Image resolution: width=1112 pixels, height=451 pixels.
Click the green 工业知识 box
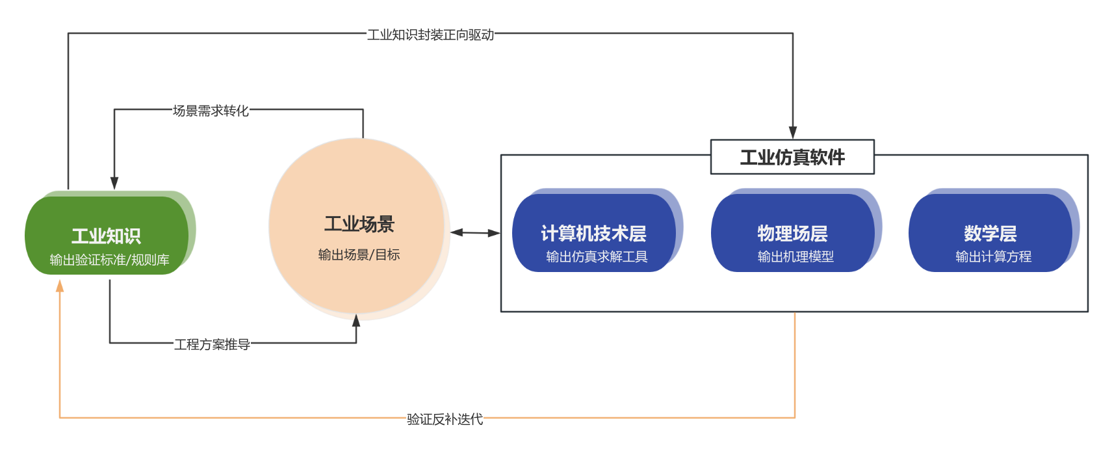pos(107,235)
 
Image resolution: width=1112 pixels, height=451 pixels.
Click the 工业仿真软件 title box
pos(792,157)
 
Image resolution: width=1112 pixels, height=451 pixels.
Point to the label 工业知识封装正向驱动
pos(430,34)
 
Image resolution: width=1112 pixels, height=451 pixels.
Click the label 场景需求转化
pos(211,111)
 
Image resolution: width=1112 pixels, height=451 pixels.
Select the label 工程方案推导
pos(212,344)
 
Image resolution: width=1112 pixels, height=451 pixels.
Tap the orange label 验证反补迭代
pos(445,419)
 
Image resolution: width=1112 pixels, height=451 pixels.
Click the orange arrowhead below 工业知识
pos(60,286)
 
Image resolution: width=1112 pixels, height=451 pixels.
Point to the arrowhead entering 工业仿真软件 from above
pos(793,133)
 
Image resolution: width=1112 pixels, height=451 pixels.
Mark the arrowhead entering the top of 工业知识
pos(114,183)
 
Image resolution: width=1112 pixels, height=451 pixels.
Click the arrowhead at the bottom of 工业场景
pos(356,321)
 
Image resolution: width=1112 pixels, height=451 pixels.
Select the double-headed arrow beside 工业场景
pos(475,232)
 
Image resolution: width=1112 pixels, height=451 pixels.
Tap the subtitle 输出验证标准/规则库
pos(109,260)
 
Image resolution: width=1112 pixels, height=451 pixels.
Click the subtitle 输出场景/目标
pos(359,254)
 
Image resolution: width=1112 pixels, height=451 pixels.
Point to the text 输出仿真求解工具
pos(597,256)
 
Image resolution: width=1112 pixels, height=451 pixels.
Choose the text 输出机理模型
pos(795,256)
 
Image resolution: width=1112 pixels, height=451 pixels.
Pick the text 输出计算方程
pos(993,256)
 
